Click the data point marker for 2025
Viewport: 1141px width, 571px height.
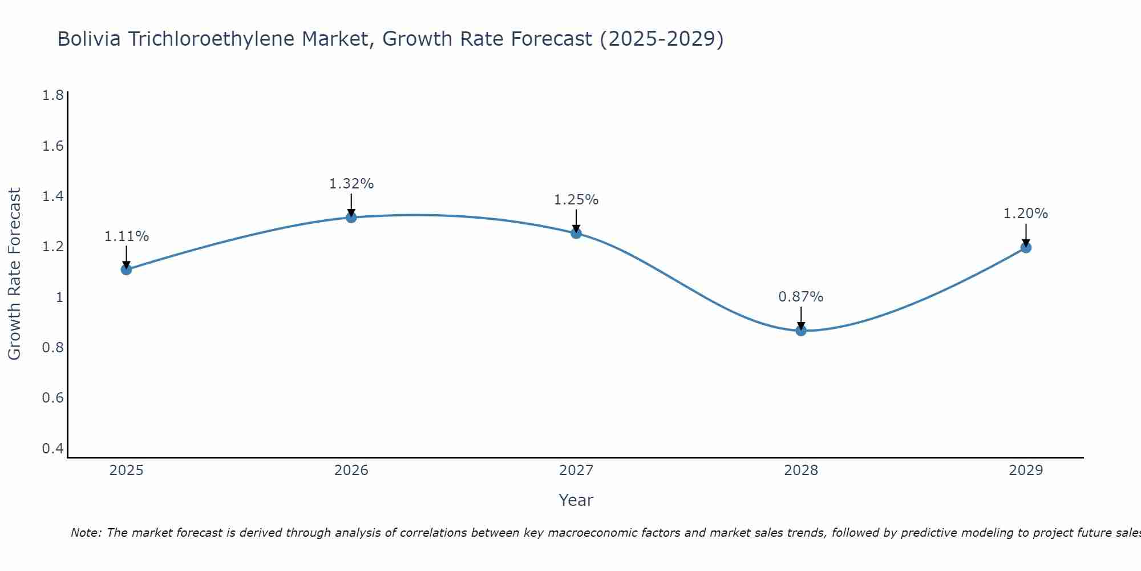tap(127, 270)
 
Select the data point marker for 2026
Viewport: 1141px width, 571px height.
tap(351, 218)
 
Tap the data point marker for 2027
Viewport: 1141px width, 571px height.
tap(576, 233)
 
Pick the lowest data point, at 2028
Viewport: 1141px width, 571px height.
tap(801, 330)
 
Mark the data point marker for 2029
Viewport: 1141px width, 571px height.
tap(1026, 247)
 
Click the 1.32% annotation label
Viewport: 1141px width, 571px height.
tap(351, 184)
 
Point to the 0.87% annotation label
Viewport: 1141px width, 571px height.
tap(801, 297)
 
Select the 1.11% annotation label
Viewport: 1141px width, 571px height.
tap(127, 236)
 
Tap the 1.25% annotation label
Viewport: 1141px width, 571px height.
tap(576, 200)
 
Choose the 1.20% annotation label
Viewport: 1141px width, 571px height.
tap(1026, 214)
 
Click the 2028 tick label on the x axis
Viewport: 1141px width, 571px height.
tap(801, 471)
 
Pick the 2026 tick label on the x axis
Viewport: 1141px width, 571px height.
tap(351, 471)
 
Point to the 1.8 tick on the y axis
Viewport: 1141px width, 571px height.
tap(53, 95)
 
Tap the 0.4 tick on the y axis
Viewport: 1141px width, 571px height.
tap(53, 448)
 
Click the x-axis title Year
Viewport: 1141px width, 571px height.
tap(576, 500)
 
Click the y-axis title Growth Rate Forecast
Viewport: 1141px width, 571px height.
tap(15, 274)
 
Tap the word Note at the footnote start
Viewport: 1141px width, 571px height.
tap(86, 533)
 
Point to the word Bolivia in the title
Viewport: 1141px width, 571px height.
tap(89, 39)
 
